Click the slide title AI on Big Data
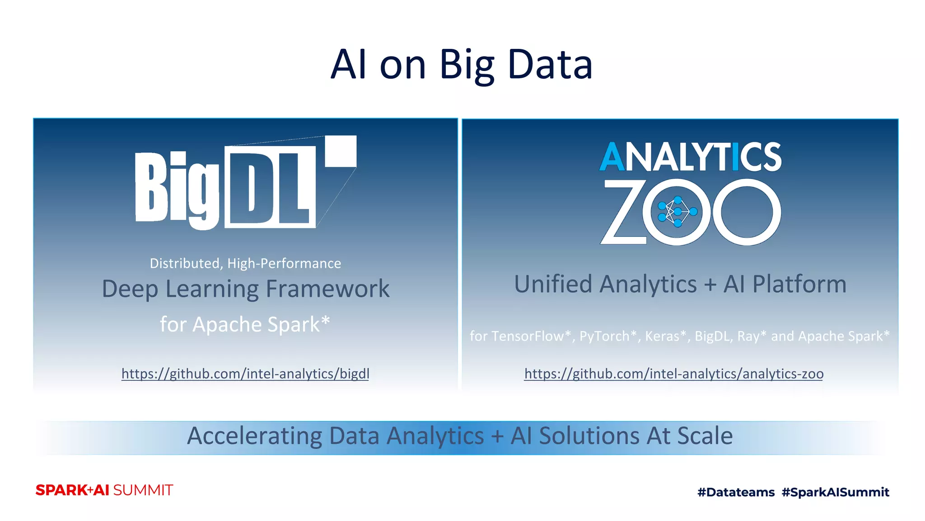point(461,65)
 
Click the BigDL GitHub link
point(245,374)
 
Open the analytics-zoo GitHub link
point(673,374)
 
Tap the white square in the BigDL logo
point(341,151)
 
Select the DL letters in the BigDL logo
point(270,186)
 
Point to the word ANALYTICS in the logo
point(690,157)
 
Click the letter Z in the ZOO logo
point(622,212)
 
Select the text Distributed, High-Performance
point(245,263)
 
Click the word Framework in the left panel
point(327,289)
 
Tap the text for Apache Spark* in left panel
point(245,324)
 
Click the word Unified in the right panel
point(553,284)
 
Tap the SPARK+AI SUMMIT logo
point(104,490)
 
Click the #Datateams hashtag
point(736,492)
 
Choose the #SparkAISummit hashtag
point(835,492)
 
